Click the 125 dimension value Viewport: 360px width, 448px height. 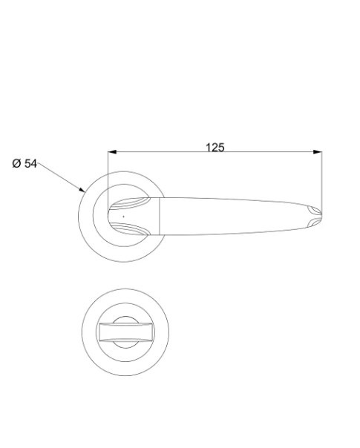(215, 148)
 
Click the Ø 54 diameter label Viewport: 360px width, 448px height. (24, 164)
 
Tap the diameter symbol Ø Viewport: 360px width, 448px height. (16, 164)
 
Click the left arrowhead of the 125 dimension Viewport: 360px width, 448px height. (112, 152)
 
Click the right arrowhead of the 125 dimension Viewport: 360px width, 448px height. (318, 152)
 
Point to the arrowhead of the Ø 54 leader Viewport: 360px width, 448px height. (82, 189)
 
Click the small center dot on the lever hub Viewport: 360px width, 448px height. (123, 217)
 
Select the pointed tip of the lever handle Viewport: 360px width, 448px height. (321, 215)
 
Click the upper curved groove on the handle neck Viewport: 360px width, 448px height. (130, 202)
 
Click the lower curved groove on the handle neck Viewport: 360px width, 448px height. (130, 229)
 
